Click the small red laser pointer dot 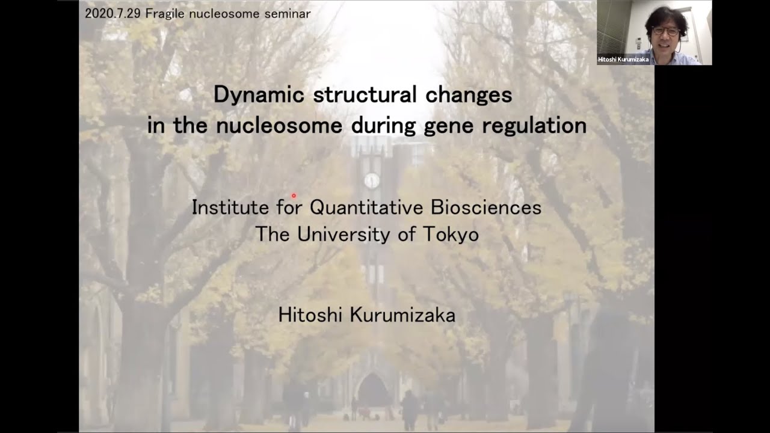pyautogui.click(x=294, y=195)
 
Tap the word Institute pyautogui.click(x=230, y=208)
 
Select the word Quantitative pyautogui.click(x=368, y=208)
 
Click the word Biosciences pyautogui.click(x=486, y=208)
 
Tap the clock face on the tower pyautogui.click(x=372, y=180)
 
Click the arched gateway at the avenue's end pyautogui.click(x=373, y=391)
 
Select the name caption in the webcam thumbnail pyautogui.click(x=623, y=60)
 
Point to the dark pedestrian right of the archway pyautogui.click(x=410, y=409)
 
